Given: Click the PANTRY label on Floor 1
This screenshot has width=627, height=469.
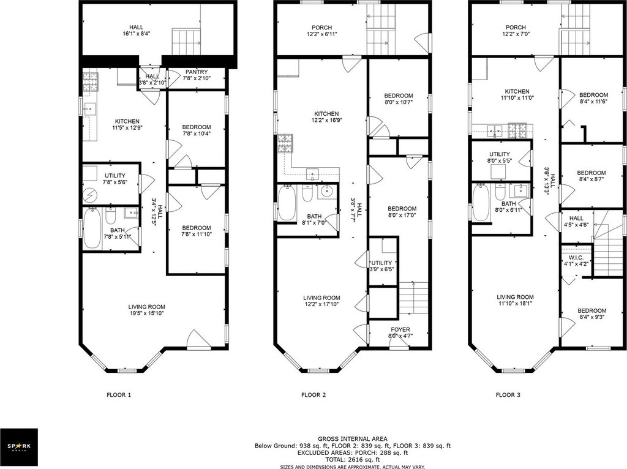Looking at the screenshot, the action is (197, 72).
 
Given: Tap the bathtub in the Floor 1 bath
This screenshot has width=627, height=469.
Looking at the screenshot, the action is (92, 229).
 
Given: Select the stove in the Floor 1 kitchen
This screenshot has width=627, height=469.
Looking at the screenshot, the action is (91, 81).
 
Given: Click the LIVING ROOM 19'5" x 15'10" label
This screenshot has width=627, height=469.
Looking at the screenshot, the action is (147, 310).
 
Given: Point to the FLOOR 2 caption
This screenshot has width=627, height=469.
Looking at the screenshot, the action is (313, 395).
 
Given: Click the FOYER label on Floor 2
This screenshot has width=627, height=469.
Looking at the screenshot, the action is (400, 329).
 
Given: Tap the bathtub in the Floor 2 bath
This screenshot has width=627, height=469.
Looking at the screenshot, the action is (287, 203).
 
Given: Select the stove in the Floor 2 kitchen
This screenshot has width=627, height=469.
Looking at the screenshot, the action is (285, 144).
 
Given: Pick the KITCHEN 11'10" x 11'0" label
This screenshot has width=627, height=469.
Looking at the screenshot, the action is (517, 94).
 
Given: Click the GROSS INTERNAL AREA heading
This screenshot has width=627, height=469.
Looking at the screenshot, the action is (352, 438).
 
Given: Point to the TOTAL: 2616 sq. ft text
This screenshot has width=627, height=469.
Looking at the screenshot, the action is (352, 460).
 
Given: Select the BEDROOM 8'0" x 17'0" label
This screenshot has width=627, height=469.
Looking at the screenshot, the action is (402, 211).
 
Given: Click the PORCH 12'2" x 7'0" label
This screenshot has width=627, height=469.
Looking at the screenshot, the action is (516, 31).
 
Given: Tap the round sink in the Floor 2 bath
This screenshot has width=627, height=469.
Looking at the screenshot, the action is (327, 191).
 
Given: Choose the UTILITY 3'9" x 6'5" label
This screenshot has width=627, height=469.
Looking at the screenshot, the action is (381, 266).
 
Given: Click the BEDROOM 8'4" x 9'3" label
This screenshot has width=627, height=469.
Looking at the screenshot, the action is (591, 314).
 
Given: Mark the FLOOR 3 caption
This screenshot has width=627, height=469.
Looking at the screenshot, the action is (508, 395).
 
